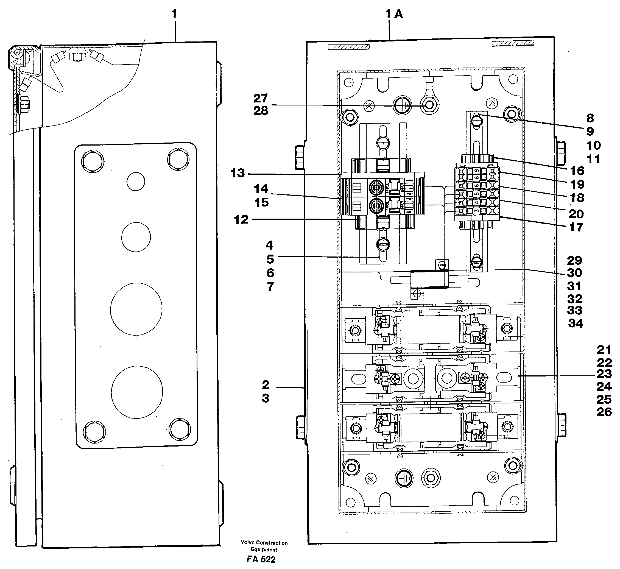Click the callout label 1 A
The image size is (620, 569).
pos(394,14)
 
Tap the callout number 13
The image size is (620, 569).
pos(238,173)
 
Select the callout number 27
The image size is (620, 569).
pos(260,99)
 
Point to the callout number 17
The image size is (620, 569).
pos(576,227)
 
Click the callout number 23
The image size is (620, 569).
pos(604,374)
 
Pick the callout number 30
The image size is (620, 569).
pos(574,273)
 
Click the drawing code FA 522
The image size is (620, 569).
pos(261,559)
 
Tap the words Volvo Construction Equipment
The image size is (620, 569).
pos(264,546)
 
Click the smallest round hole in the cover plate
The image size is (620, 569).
pos(136,182)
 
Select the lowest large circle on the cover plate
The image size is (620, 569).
pos(137,392)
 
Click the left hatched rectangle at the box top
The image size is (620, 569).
pos(348,47)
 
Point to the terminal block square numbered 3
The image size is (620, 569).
pos(476,211)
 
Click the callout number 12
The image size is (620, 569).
pos(241,219)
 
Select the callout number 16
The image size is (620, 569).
pos(577,171)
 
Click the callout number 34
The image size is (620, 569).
pos(575,323)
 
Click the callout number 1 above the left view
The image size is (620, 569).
pos(174,14)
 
